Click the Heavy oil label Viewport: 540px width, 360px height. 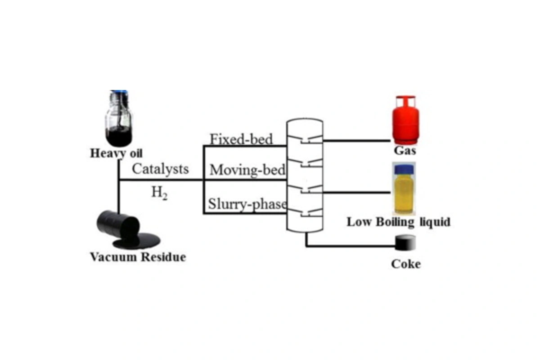116,152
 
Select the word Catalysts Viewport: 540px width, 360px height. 160,168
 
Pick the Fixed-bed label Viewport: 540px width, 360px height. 237,139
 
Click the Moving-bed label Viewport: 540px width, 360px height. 241,169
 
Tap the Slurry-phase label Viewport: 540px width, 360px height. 246,204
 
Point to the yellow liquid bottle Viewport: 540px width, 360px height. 406,189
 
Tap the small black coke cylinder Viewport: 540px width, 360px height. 407,242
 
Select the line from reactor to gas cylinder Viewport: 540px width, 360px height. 355,139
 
